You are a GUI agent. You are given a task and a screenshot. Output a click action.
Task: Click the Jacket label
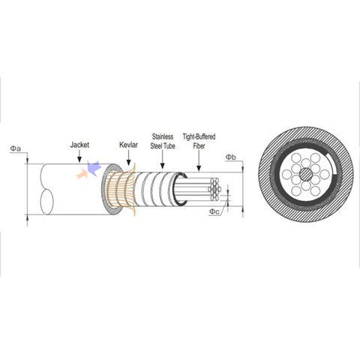79,145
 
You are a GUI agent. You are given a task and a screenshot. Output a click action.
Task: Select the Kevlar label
128,145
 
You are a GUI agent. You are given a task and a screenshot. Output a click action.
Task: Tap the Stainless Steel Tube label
163,141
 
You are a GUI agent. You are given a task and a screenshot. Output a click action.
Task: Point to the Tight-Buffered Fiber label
199,141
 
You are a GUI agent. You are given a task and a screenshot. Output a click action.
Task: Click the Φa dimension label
16,148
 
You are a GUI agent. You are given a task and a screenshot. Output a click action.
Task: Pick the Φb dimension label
231,157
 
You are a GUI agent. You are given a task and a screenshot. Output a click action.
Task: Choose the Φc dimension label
214,211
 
